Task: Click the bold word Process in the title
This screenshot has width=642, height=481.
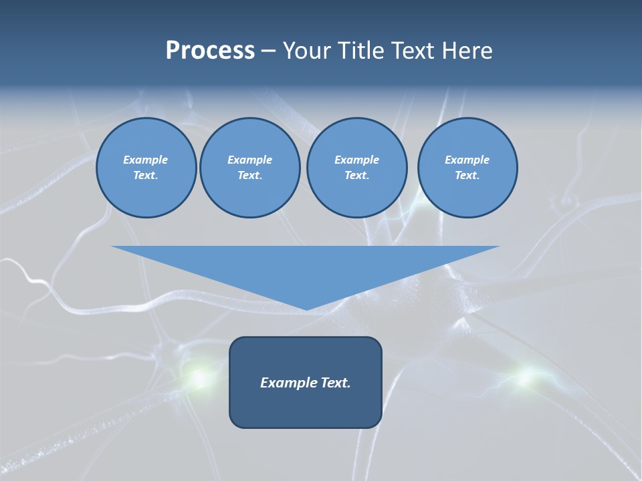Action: pos(210,51)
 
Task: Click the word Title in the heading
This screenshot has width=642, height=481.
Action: pos(360,51)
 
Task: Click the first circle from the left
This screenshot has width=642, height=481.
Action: pos(146,168)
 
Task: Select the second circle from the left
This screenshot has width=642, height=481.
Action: pos(250,168)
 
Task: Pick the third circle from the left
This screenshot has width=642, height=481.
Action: pos(356,168)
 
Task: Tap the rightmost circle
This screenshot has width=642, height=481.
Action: pos(467,168)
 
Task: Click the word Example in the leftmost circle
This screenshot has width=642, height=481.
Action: pos(146,160)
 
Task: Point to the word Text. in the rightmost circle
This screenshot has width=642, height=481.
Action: pos(467,176)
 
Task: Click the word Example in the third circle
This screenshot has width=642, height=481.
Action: pos(356,160)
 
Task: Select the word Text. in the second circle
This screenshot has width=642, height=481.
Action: pos(250,176)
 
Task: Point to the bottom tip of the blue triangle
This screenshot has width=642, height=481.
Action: pos(306,308)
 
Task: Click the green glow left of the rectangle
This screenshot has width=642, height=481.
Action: pos(198,378)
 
